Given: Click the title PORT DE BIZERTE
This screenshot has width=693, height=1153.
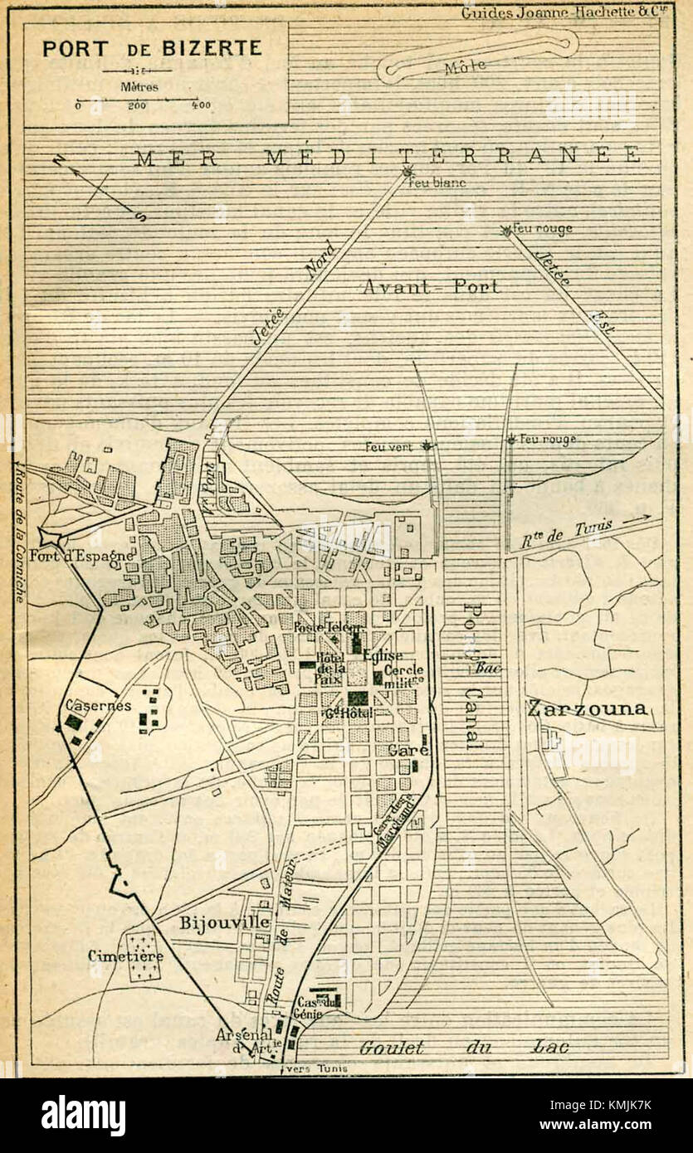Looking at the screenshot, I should pyautogui.click(x=152, y=47).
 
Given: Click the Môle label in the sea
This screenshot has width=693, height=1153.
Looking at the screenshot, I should pyautogui.click(x=465, y=67).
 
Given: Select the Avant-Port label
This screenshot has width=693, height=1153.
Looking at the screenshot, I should pyautogui.click(x=431, y=287).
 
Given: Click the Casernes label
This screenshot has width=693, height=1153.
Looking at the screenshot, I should pyautogui.click(x=98, y=705).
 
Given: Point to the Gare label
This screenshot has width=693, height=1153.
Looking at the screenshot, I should pyautogui.click(x=408, y=750).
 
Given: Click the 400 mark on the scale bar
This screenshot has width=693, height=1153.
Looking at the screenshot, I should pyautogui.click(x=200, y=105).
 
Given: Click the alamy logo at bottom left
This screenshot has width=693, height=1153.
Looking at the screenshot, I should pyautogui.click(x=83, y=1116).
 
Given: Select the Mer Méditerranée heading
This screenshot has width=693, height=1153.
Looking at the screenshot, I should pyautogui.click(x=387, y=156).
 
